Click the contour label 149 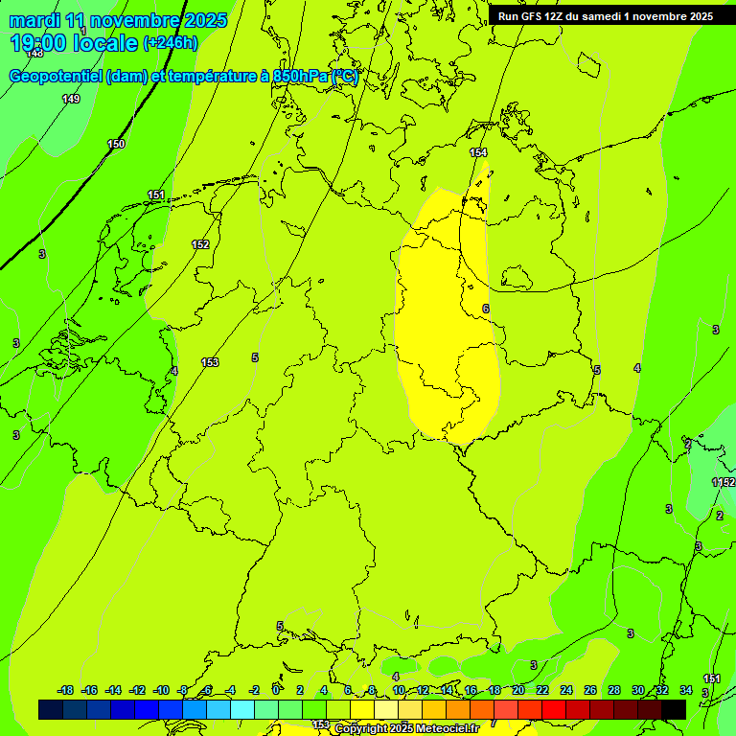(71, 99)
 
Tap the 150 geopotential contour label (116, 144)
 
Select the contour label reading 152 (200, 244)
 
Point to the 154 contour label (478, 152)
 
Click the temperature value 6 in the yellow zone (485, 309)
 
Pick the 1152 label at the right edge (724, 482)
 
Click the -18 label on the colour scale (65, 690)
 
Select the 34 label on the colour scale (686, 690)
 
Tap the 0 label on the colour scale (276, 690)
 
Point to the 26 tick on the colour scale (590, 690)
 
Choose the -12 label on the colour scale (137, 690)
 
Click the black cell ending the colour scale (674, 709)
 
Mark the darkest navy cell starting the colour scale (51, 709)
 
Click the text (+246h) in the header (170, 43)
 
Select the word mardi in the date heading (34, 19)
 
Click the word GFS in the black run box (534, 16)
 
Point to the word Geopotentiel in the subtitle (56, 77)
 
